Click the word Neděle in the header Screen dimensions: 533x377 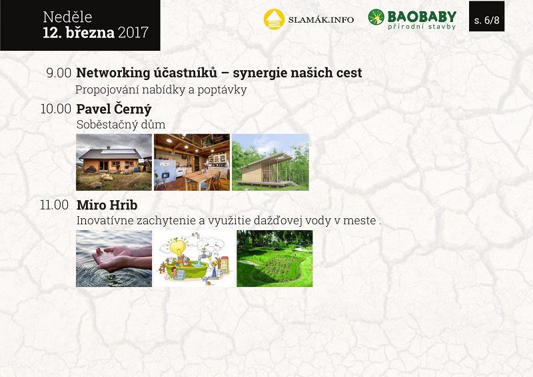point(67,17)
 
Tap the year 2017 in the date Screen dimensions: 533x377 point(133,32)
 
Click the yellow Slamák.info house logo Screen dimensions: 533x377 point(274,19)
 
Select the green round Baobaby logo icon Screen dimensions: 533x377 point(376,17)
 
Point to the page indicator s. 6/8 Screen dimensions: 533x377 point(487,21)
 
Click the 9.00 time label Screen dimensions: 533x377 point(59,73)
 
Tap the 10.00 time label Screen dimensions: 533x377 point(56,109)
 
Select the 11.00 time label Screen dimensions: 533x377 point(55,205)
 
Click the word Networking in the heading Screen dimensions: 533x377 point(113,73)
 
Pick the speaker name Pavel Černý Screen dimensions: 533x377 point(114,109)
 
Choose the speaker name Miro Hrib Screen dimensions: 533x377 point(107,205)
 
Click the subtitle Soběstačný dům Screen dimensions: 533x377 point(121,124)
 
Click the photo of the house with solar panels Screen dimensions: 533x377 point(114,162)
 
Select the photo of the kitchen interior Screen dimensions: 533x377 point(192,162)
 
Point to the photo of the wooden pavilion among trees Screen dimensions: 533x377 point(270,162)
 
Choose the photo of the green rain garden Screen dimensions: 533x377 point(274,258)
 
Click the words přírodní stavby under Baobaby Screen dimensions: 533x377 point(422,27)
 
